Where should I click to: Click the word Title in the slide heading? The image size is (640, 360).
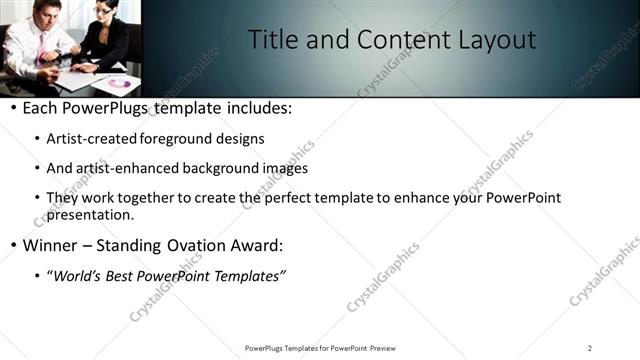click(271, 40)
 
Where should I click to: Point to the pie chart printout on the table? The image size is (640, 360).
click(119, 83)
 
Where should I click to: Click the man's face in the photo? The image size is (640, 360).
click(47, 13)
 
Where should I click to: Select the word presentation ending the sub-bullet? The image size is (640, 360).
click(90, 214)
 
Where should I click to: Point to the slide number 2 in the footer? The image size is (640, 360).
click(590, 348)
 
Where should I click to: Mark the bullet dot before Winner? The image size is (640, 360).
click(12, 245)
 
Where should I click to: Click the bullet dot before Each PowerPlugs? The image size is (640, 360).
click(12, 108)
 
